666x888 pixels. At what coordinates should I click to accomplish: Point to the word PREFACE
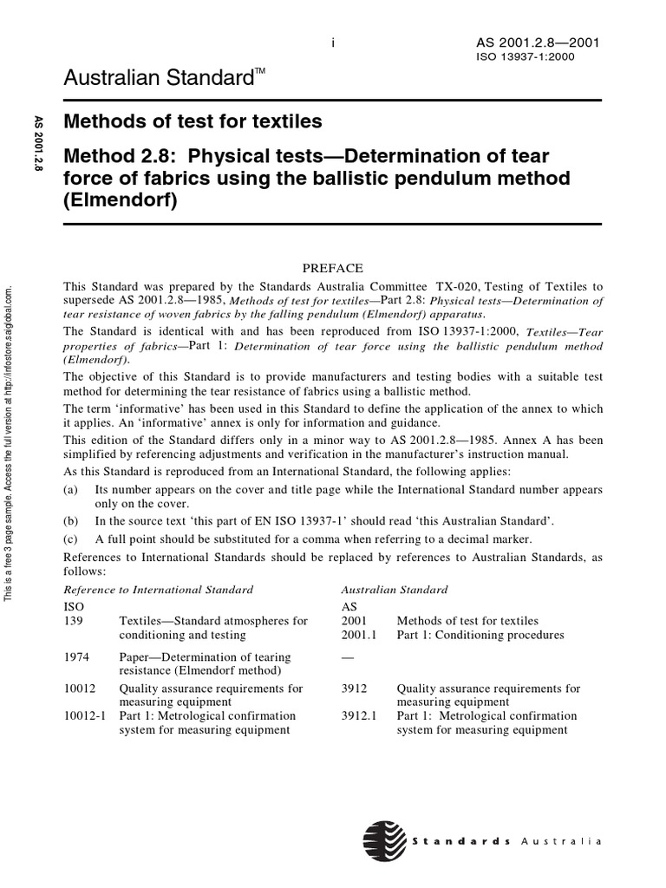point(333,269)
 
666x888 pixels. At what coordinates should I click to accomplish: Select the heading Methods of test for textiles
point(193,121)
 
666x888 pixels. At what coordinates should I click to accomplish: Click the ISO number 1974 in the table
point(77,657)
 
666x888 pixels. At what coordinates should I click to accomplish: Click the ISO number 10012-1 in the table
point(84,716)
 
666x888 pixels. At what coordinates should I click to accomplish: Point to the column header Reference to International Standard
point(159,590)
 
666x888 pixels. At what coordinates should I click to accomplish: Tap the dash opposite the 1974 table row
point(349,657)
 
